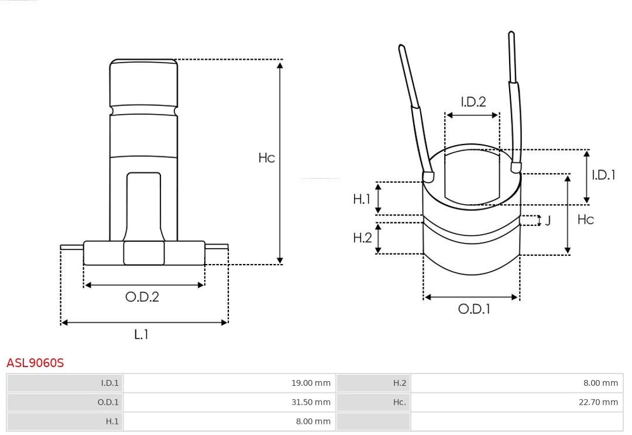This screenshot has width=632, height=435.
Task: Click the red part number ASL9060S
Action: point(35,363)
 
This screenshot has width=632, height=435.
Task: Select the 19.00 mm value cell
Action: point(311,383)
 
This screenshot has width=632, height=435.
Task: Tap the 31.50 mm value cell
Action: point(311,402)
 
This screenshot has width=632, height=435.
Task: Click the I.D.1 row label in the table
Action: point(109,383)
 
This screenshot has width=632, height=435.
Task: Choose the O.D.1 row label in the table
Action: point(108,402)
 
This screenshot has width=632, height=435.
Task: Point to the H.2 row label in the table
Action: point(399,383)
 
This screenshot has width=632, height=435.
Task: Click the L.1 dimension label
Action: point(142,334)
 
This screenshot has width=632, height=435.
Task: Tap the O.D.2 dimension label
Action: point(142,297)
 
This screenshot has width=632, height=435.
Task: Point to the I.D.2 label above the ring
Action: point(473,102)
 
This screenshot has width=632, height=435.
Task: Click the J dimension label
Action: point(548,221)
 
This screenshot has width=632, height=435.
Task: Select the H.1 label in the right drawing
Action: point(362,199)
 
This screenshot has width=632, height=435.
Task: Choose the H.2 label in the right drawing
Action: point(362,238)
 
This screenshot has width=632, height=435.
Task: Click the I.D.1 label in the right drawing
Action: point(603,174)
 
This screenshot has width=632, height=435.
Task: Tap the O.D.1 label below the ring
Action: point(473,309)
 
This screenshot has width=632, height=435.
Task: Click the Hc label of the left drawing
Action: point(266,158)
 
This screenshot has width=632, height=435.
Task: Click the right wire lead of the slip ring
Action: point(514,100)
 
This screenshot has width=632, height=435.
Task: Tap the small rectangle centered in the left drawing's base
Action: point(143,253)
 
